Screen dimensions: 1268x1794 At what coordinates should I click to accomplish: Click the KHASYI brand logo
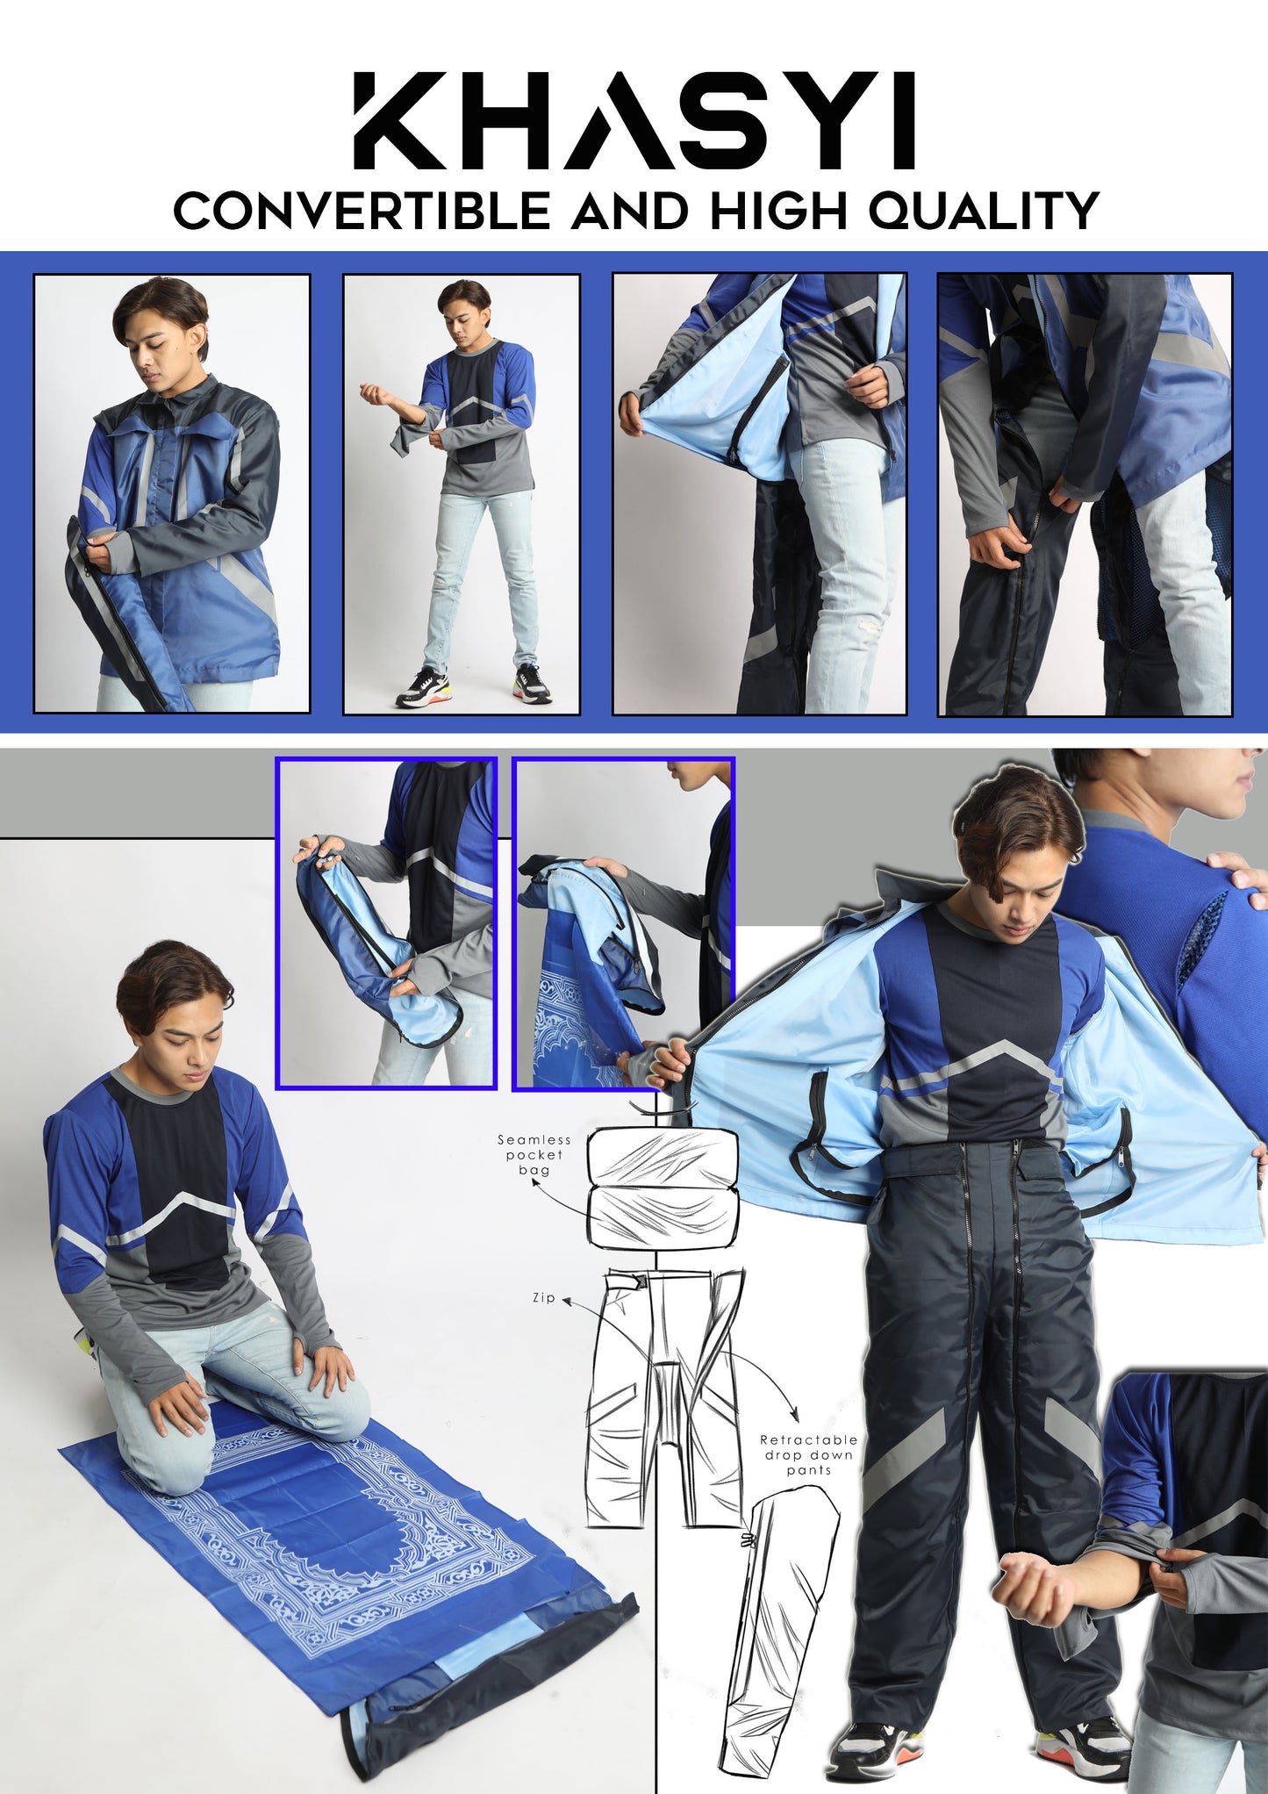click(x=634, y=120)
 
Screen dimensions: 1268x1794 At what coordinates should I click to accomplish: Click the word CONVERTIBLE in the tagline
click(x=361, y=211)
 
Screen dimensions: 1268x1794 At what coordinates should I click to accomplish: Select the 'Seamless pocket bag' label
click(x=534, y=1154)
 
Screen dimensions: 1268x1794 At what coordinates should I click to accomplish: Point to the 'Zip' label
click(x=544, y=1297)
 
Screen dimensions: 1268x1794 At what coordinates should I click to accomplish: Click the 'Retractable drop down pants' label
click(x=808, y=1454)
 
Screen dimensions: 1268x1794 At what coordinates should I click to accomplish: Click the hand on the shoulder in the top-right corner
click(x=1237, y=869)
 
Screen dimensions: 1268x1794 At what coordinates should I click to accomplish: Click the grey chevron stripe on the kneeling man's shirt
click(x=172, y=1218)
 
